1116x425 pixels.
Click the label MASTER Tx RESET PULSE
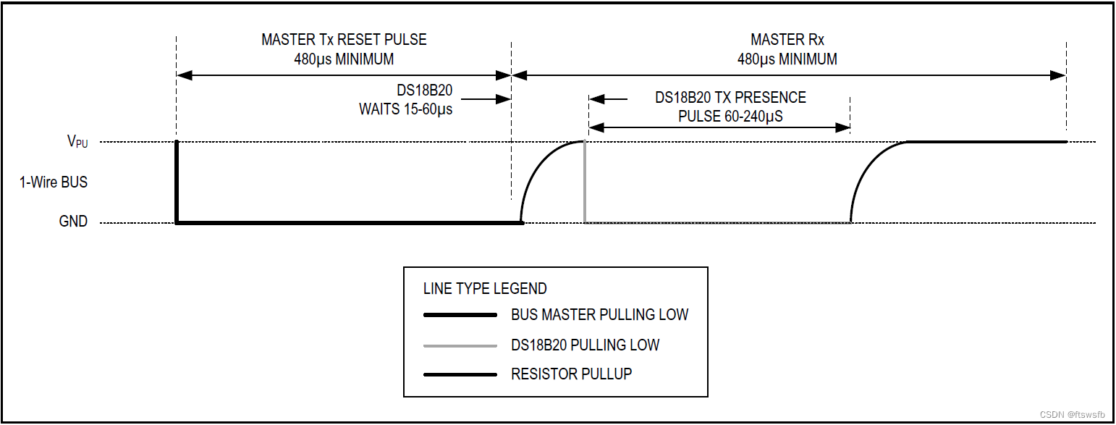point(344,40)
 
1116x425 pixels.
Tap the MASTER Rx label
point(787,40)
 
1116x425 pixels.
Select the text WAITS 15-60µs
point(405,110)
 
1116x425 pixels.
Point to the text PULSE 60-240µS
point(730,116)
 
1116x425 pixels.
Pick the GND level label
point(73,222)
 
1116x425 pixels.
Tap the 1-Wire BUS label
point(54,182)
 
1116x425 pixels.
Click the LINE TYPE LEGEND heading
point(485,289)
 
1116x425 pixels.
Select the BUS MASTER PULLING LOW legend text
point(599,315)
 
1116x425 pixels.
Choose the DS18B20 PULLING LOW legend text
point(585,345)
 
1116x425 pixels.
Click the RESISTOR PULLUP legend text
point(571,374)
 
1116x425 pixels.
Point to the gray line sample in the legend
point(460,345)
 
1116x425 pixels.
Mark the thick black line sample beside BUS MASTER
point(460,315)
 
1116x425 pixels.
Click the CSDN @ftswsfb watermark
point(1072,415)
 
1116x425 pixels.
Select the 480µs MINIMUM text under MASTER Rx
point(787,59)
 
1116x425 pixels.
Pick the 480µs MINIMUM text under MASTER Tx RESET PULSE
point(344,59)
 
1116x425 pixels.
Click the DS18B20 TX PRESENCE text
point(730,98)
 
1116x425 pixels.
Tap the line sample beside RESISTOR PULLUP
point(460,374)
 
